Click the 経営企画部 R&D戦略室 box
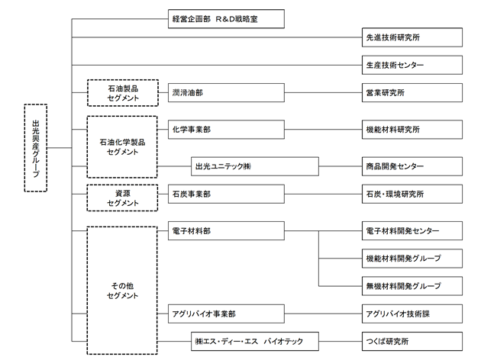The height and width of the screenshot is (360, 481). pyautogui.click(x=226, y=19)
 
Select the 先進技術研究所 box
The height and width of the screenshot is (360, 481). pyautogui.click(x=412, y=37)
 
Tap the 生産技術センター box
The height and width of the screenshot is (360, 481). pyautogui.click(x=412, y=65)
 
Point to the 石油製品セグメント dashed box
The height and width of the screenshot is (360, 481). pyautogui.click(x=123, y=93)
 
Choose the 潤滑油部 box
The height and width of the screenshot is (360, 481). pyautogui.click(x=226, y=92)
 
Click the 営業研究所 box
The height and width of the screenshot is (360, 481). pyautogui.click(x=412, y=92)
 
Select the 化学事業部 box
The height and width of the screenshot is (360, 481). pyautogui.click(x=226, y=130)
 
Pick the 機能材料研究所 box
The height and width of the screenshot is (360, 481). pyautogui.click(x=412, y=130)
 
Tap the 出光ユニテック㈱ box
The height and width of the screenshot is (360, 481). pyautogui.click(x=254, y=166)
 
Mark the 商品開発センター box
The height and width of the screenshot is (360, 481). pyautogui.click(x=412, y=166)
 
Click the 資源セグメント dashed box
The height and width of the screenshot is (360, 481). pyautogui.click(x=122, y=198)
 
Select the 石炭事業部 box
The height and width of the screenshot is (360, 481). pyautogui.click(x=226, y=194)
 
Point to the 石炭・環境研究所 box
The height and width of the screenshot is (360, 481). pyautogui.click(x=412, y=194)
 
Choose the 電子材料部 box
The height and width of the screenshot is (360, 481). pyautogui.click(x=226, y=230)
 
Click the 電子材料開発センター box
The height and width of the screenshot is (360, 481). pyautogui.click(x=412, y=230)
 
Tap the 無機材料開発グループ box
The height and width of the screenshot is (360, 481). pyautogui.click(x=412, y=286)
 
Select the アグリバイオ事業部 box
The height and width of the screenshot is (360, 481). pyautogui.click(x=226, y=313)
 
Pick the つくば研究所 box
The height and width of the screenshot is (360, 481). pyautogui.click(x=412, y=341)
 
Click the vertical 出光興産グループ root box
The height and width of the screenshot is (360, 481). pyautogui.click(x=36, y=148)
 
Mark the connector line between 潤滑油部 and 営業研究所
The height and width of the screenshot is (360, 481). pyautogui.click(x=323, y=92)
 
